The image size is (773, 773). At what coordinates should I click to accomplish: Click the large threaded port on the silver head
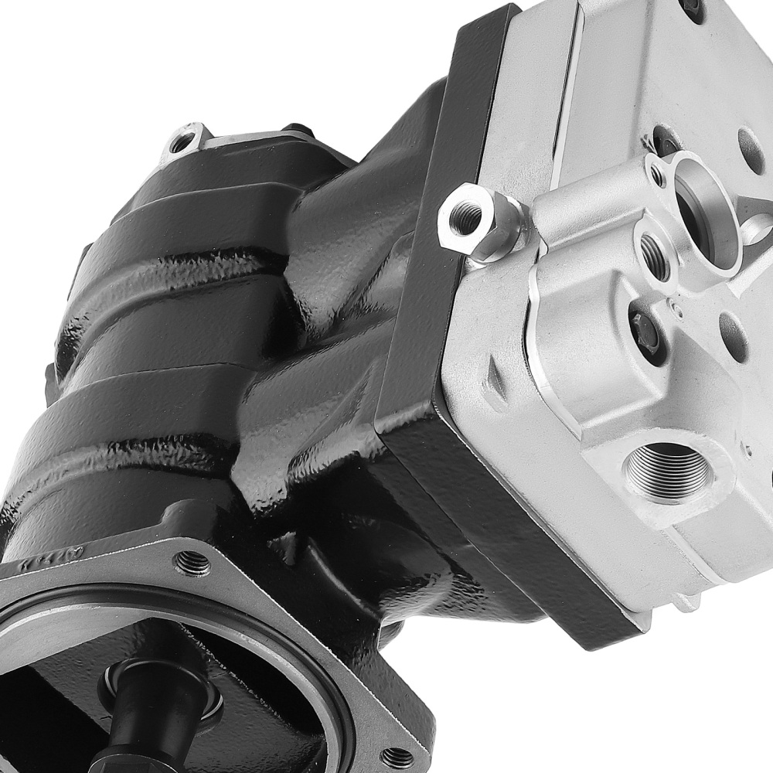[x=666, y=471]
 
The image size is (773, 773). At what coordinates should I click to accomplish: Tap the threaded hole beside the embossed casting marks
[x=192, y=563]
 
